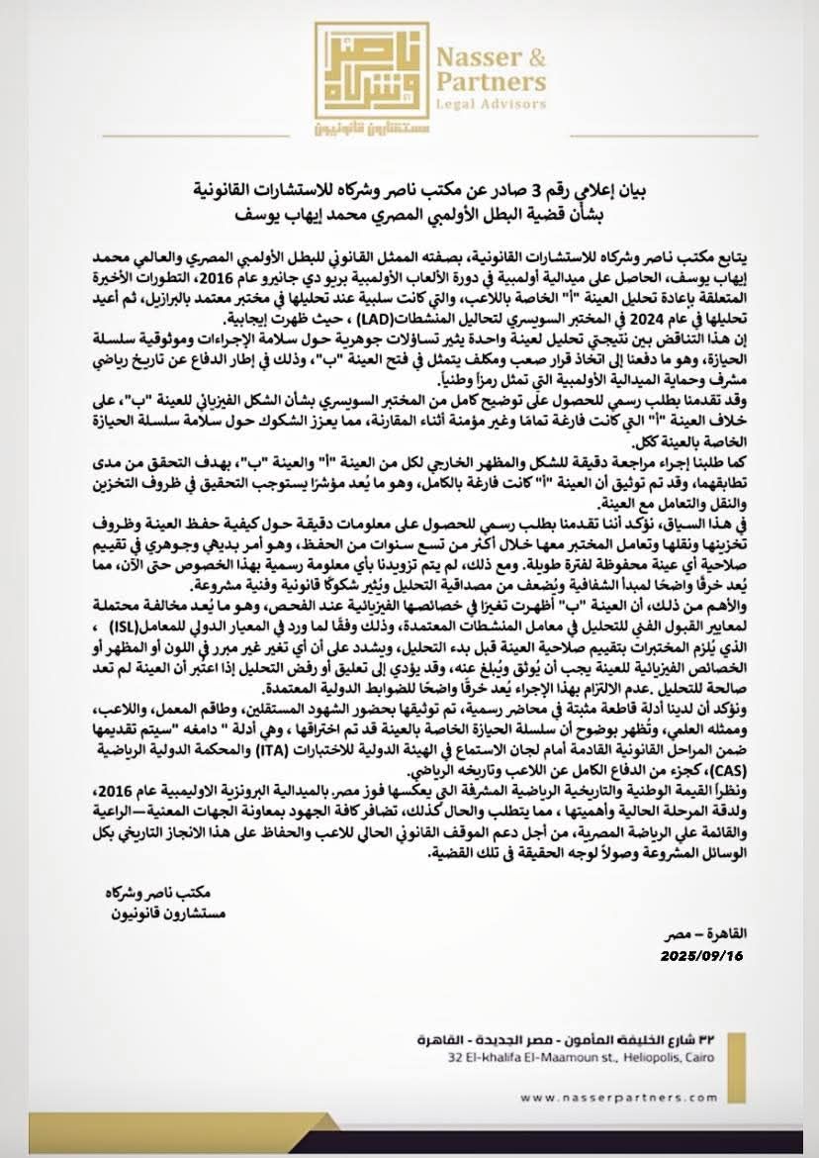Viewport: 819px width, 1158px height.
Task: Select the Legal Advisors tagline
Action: point(495,103)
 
